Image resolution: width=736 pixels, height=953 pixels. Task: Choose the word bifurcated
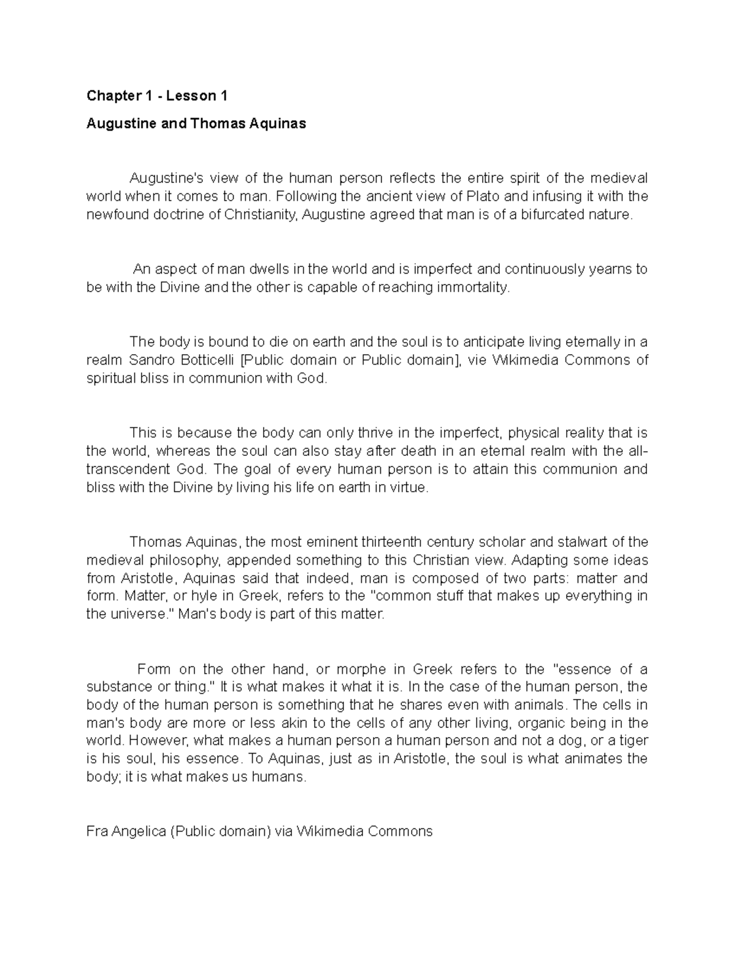point(551,215)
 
